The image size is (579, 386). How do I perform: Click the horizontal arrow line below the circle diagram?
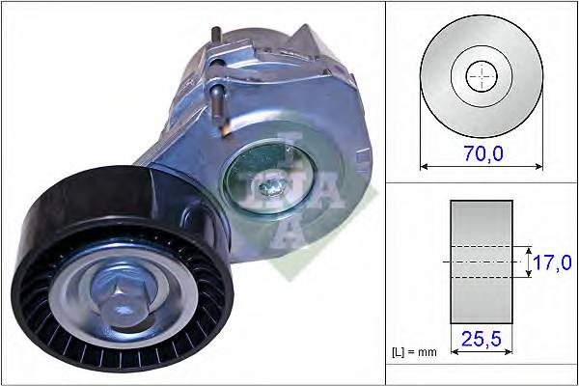click(481, 165)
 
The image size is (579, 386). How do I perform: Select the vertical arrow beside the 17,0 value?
click(528, 262)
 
